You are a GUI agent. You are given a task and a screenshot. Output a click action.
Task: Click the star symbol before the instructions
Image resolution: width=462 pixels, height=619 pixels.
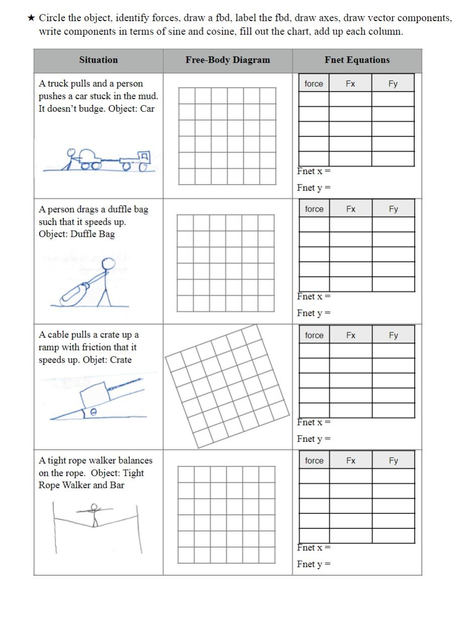tap(31, 19)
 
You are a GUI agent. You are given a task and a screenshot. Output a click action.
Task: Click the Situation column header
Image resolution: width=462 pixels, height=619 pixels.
tap(98, 60)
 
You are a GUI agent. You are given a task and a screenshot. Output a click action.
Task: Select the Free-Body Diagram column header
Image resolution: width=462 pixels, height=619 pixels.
tap(227, 60)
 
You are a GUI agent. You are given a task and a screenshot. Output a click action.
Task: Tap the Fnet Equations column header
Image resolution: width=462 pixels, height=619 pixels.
tap(357, 60)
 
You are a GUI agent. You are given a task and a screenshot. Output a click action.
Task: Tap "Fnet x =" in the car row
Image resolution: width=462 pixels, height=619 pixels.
tap(313, 171)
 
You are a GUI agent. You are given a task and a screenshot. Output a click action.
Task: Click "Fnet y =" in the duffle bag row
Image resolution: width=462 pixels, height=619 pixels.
tap(313, 313)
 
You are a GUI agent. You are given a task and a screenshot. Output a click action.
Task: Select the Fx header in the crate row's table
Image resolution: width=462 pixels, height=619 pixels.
tap(350, 335)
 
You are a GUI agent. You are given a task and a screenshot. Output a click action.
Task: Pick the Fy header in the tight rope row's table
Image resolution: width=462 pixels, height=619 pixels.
tap(393, 460)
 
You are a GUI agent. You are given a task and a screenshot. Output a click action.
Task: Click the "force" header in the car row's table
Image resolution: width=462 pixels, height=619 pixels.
tap(314, 83)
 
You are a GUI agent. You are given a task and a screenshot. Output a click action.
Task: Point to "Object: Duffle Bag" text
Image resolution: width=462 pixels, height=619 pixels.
tap(76, 234)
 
